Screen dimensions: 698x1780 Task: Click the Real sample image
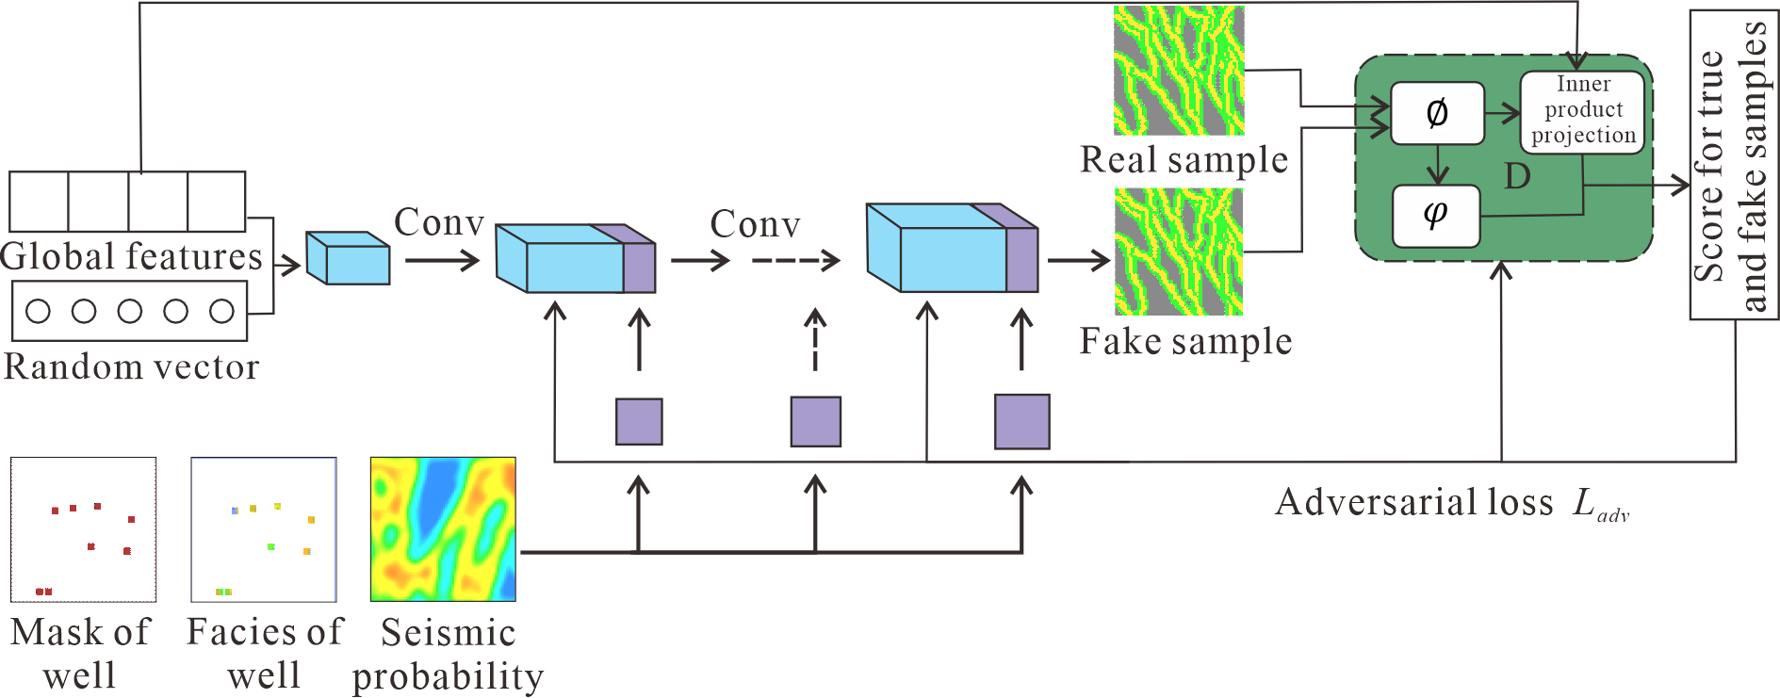click(1179, 71)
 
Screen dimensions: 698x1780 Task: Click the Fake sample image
click(1179, 252)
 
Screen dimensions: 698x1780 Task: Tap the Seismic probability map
click(443, 529)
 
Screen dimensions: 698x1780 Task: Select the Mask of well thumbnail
click(84, 529)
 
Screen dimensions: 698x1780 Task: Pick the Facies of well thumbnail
click(264, 529)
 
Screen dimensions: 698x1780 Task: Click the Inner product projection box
click(1582, 111)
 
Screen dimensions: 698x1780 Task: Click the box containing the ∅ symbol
click(1437, 114)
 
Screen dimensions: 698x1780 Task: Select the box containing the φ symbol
click(1436, 216)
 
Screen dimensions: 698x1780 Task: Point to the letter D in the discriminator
click(1517, 176)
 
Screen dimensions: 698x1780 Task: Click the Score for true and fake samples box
click(1734, 165)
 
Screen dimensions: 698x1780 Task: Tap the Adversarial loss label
click(1451, 503)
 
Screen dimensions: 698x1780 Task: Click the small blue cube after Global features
click(348, 258)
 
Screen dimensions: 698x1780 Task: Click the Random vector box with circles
click(129, 312)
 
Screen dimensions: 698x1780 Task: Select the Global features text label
click(131, 257)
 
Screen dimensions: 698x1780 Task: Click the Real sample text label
click(1184, 160)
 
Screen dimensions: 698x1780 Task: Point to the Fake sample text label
click(1185, 342)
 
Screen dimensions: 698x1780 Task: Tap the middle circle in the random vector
click(130, 311)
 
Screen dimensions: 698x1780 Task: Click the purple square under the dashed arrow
click(815, 421)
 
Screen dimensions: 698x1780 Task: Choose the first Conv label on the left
click(439, 223)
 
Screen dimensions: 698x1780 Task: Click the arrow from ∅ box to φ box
click(1437, 165)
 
